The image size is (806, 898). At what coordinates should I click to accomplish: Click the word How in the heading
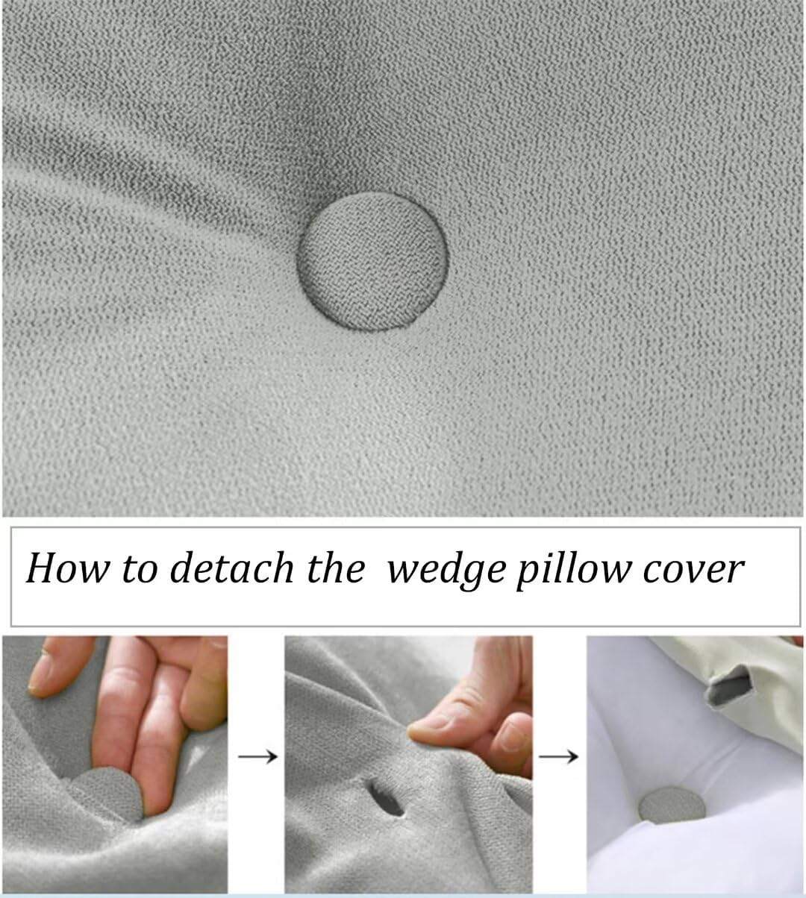point(61,569)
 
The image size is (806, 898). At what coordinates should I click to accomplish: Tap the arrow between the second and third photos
point(559,756)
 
